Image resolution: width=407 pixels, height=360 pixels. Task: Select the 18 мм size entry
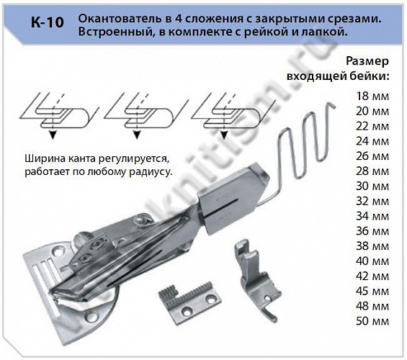(x=372, y=95)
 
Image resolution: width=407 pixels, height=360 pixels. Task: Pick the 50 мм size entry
(x=372, y=320)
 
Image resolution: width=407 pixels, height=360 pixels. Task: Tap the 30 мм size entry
(x=372, y=185)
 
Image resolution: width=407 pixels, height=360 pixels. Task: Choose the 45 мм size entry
(x=372, y=290)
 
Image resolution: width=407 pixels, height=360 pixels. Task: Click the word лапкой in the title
(x=325, y=32)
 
